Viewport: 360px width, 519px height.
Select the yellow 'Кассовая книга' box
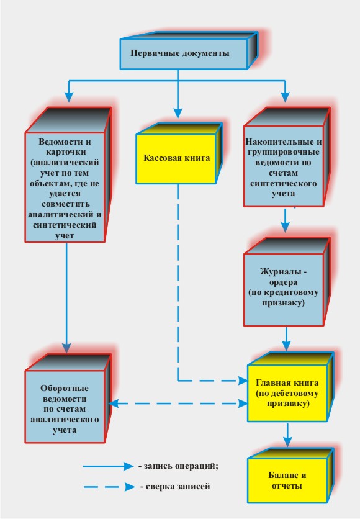[x=179, y=153]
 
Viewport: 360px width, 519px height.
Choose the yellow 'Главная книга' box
[x=290, y=387]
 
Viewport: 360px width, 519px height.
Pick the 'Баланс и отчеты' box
[x=290, y=476]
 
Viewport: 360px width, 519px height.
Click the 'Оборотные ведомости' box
[x=68, y=399]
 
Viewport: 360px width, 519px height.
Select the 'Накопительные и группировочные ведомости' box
[x=287, y=157]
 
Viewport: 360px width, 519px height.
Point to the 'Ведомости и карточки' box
[x=68, y=175]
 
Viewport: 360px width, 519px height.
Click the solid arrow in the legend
[x=108, y=466]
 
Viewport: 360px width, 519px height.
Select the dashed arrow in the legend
[x=109, y=487]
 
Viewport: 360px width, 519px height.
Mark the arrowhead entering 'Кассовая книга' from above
[x=178, y=113]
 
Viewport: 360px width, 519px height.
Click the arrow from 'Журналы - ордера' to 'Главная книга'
[x=286, y=339]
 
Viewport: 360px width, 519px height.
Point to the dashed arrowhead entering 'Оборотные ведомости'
[x=114, y=404]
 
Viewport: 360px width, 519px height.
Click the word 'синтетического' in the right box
[x=283, y=183]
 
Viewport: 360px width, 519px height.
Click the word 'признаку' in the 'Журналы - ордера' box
[x=283, y=303]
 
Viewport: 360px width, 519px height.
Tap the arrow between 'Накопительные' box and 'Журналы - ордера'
[x=286, y=220]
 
